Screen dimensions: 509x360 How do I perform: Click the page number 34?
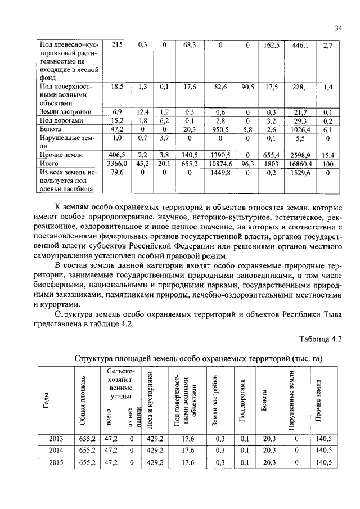[x=338, y=28]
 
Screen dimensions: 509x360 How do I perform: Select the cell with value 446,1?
[x=300, y=44]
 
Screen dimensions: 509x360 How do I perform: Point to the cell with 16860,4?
[x=300, y=163]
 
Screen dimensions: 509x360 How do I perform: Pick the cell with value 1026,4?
[x=300, y=129]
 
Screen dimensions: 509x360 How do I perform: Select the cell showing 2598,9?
[x=300, y=154]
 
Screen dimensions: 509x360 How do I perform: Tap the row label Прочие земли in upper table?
[x=60, y=154]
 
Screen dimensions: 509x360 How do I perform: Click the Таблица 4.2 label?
[x=321, y=339]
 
